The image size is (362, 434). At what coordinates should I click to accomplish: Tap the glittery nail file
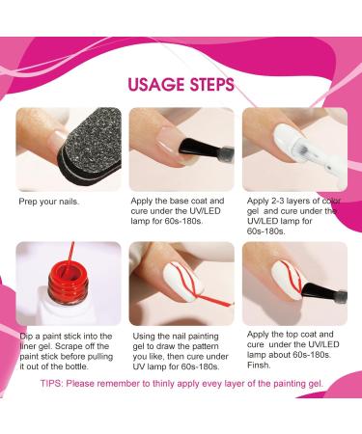coord(92,149)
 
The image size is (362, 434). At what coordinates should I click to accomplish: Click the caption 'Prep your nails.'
coord(49,202)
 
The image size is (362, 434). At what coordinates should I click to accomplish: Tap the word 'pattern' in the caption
coord(205,346)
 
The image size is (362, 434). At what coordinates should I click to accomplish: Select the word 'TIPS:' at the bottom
coord(52,384)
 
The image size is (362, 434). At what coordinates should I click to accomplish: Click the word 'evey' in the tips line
coord(211,384)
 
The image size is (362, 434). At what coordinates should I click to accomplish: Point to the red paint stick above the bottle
coord(69,258)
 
